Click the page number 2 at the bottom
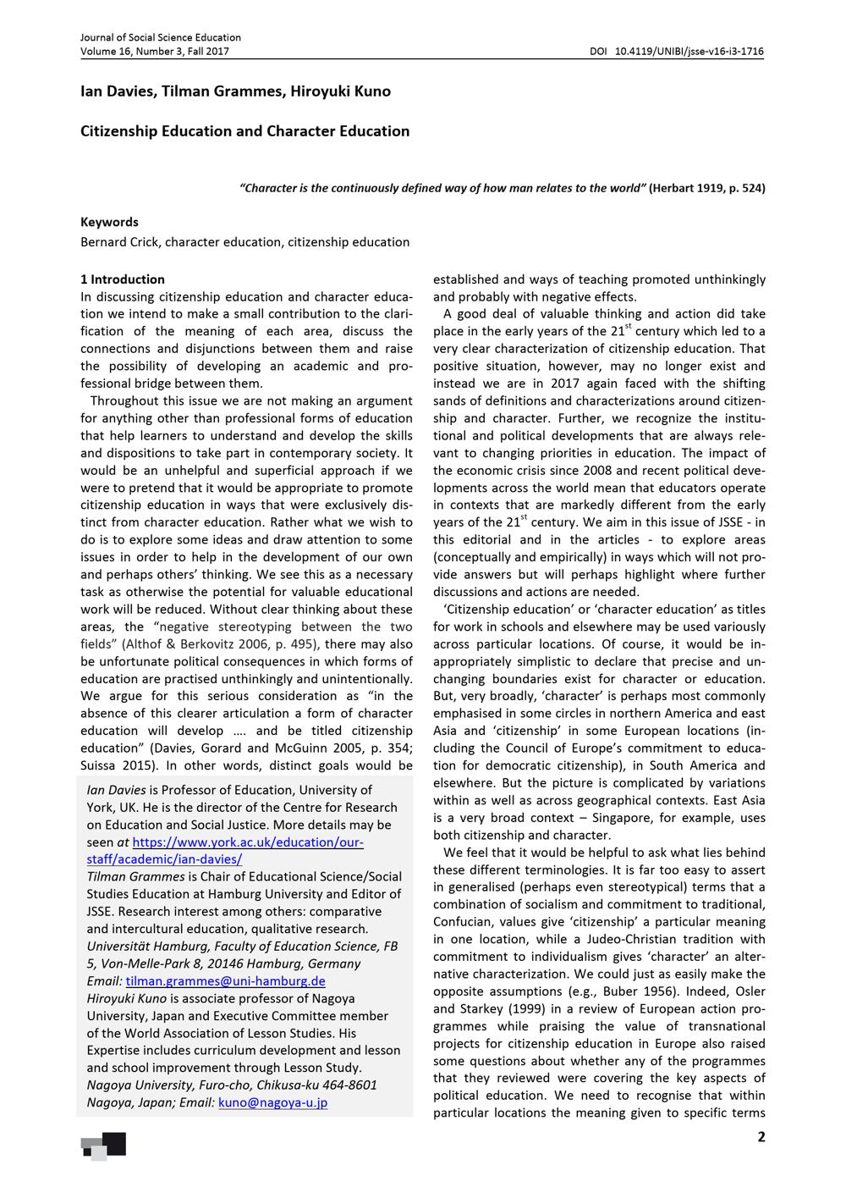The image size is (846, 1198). pyautogui.click(x=761, y=1137)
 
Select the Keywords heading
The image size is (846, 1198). pyautogui.click(x=109, y=222)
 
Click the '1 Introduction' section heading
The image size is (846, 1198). pyautogui.click(x=123, y=279)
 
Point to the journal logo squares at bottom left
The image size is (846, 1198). pyautogui.click(x=103, y=1146)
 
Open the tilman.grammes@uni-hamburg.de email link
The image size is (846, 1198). pyautogui.click(x=225, y=981)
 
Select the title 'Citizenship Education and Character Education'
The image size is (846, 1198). pyautogui.click(x=244, y=131)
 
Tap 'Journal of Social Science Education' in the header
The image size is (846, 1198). pyautogui.click(x=161, y=37)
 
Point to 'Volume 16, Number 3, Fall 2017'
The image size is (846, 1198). pyautogui.click(x=155, y=51)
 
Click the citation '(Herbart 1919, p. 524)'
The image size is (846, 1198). pyautogui.click(x=706, y=188)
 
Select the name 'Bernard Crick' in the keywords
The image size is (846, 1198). pyautogui.click(x=119, y=242)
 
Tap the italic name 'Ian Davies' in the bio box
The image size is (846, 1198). pyautogui.click(x=116, y=790)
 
